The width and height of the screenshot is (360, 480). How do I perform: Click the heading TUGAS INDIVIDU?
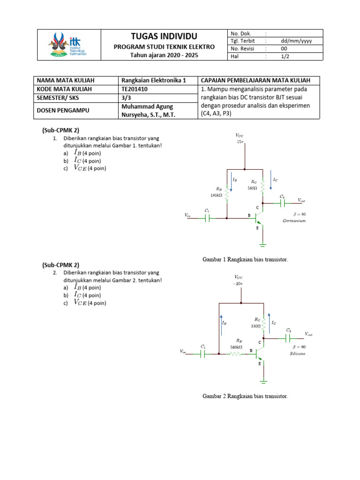click(165, 37)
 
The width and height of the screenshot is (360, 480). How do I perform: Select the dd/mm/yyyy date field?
click(296, 41)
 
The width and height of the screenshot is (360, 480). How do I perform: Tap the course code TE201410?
click(134, 89)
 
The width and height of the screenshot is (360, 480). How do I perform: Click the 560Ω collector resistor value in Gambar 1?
click(252, 188)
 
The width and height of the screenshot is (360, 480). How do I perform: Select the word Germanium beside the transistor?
click(294, 220)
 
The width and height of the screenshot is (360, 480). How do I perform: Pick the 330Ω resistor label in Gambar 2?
click(255, 325)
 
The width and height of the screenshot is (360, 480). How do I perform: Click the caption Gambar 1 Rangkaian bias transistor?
click(245, 259)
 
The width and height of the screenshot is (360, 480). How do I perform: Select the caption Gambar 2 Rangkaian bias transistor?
click(245, 396)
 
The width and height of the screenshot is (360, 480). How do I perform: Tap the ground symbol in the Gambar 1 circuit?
click(263, 244)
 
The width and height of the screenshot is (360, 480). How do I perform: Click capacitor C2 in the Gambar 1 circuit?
click(283, 203)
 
